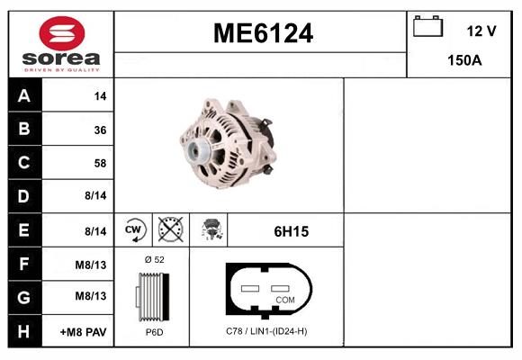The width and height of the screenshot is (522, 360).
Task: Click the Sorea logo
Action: pos(61,44)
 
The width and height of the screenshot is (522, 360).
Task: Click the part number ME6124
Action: pos(263,34)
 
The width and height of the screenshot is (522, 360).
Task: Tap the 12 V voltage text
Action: pos(481,31)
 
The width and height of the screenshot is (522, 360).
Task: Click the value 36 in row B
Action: pos(99,130)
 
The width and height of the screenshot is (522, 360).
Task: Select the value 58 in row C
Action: pos(99,164)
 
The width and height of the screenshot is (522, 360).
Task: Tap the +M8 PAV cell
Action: pos(83,332)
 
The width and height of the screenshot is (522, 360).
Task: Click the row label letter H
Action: pos(23,332)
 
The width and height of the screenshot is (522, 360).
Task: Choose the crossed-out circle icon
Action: pos(171,230)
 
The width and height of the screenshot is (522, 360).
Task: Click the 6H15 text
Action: pos(292,231)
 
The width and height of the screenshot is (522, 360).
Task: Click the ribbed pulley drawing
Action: pos(152,296)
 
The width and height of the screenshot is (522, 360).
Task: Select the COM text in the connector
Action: pos(285,299)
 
